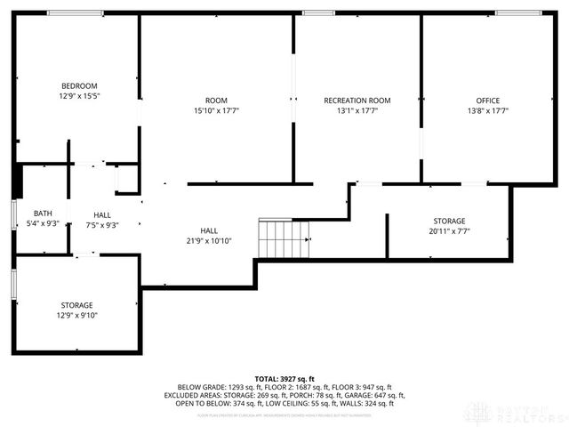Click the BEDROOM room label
(x=78, y=85)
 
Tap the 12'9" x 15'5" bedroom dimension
(x=78, y=95)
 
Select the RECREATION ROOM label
(x=357, y=101)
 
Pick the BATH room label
(x=43, y=213)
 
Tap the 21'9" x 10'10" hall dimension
(x=209, y=240)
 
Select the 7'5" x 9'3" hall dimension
(x=102, y=225)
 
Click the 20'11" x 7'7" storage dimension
(x=449, y=231)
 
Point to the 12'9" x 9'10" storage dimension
(x=77, y=315)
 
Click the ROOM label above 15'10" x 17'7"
(x=216, y=101)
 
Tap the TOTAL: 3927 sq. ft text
(x=284, y=378)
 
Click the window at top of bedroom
(x=75, y=12)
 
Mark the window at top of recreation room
(x=312, y=12)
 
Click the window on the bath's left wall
(x=13, y=216)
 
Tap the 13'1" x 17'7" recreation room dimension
(x=357, y=110)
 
